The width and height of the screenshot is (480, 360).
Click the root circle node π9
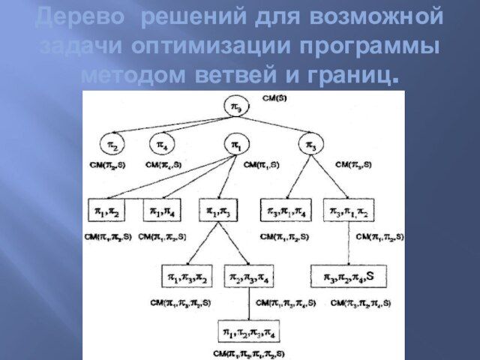235,108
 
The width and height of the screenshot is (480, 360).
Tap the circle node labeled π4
162,142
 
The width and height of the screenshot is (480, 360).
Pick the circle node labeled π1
235,142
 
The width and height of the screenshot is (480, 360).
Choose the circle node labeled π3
311,142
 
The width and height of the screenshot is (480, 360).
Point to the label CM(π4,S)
163,163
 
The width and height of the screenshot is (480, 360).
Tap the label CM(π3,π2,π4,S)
349,302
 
